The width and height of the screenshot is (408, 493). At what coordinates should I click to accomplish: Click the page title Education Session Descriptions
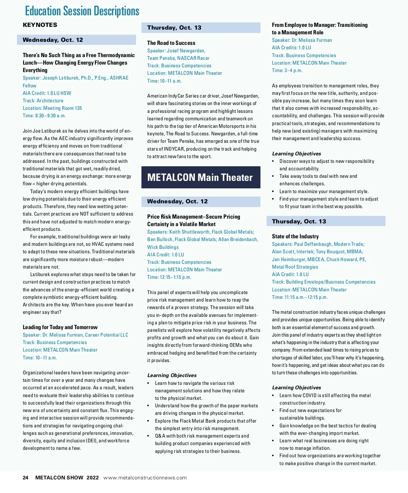[x=82, y=11]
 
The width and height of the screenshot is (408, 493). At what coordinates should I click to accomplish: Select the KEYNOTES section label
[x=40, y=25]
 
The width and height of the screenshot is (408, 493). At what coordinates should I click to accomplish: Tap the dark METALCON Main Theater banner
[x=201, y=177]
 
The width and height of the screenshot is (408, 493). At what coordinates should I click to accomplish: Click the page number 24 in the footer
[x=26, y=478]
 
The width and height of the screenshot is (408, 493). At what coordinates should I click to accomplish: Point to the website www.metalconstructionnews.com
[x=145, y=478]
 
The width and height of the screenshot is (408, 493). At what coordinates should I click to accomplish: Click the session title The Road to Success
[x=171, y=43]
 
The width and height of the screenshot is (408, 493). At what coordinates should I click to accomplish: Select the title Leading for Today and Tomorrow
[x=60, y=327]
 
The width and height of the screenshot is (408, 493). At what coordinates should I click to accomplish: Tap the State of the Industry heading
[x=295, y=236]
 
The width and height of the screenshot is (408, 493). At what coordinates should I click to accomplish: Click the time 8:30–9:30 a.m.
[x=44, y=116]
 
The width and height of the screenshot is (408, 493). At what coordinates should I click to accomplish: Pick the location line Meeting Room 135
[x=52, y=108]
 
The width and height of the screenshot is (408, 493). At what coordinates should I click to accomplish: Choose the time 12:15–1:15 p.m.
[x=169, y=277]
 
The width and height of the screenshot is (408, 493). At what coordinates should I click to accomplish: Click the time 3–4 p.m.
[x=287, y=70]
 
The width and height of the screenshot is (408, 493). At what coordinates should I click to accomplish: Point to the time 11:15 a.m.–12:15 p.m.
[x=300, y=297]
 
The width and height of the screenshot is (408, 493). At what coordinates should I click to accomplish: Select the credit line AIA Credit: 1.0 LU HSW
[x=47, y=93]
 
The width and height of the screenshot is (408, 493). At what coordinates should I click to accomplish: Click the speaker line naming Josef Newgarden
[x=176, y=51]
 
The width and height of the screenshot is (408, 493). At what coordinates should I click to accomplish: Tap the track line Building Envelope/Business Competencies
[x=323, y=282]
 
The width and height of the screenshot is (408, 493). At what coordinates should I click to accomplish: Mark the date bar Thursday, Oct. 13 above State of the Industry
[x=326, y=221]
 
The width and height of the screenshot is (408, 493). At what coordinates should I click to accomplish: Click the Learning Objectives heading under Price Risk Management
[x=172, y=375]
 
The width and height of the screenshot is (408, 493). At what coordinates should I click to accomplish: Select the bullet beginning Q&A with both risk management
[x=202, y=436]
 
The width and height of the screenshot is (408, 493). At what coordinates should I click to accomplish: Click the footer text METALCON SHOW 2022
[x=67, y=478]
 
